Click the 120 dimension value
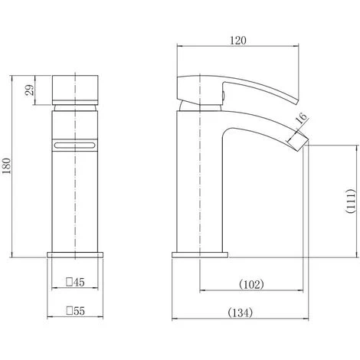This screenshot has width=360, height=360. coord(238,41)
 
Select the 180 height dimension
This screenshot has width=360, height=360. coord(7,166)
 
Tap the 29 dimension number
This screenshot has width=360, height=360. coord(30,90)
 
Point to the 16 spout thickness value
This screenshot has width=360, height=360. coord(302,118)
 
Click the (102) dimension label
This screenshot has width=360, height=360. coord(251,284)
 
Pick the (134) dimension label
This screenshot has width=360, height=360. coord(241,313)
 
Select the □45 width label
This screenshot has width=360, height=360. coord(75,282)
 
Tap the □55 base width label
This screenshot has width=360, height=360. coord(75,311)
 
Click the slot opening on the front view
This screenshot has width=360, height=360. coord(74,146)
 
